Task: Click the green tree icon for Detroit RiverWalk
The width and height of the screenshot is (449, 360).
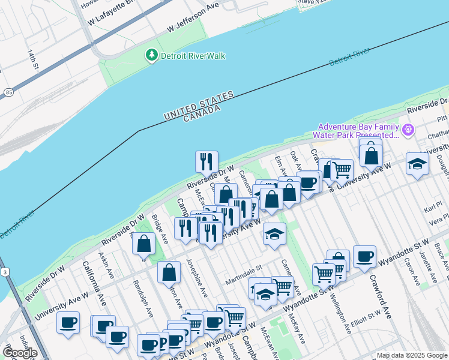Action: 152,55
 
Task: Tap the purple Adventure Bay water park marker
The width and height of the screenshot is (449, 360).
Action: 408,130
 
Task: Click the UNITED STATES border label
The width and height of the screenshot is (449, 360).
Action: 199,106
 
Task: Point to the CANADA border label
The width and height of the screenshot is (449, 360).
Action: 202,113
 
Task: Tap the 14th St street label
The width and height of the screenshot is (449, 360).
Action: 32,59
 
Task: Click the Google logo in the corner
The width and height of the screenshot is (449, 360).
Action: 19,353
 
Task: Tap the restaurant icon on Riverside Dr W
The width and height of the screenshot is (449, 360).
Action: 206,162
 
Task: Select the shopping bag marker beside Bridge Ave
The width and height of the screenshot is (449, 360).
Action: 143,244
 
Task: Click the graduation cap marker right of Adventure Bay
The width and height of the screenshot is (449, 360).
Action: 417,163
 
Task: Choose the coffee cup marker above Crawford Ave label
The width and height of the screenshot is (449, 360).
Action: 364,256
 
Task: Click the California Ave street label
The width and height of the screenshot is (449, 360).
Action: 94,282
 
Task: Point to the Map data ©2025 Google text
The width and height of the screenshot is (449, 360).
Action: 412,355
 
